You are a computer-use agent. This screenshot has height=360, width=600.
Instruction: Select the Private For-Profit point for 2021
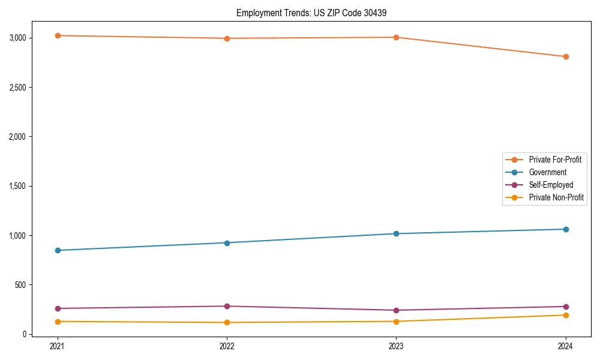tap(58, 35)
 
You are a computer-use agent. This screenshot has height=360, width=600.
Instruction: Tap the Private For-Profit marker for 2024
tap(566, 56)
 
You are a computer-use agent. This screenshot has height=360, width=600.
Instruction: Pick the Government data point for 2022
tap(227, 243)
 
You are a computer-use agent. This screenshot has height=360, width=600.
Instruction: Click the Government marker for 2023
tap(397, 233)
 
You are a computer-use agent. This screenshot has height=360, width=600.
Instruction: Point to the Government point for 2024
tap(566, 229)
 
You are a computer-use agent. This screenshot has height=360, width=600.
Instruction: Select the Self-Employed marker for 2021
tap(58, 308)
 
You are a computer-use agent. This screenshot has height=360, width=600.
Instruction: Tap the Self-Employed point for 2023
tap(397, 310)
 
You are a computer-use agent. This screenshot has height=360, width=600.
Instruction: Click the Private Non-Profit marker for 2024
tap(566, 315)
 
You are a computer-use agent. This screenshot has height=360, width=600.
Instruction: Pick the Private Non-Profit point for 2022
tap(227, 322)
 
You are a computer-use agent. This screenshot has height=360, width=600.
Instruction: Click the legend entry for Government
tap(547, 172)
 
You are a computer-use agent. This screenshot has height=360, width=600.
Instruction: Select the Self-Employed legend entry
tap(551, 185)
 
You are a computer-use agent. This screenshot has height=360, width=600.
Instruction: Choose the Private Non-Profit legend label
tap(556, 197)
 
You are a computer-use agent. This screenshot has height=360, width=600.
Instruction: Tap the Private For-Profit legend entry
tap(555, 160)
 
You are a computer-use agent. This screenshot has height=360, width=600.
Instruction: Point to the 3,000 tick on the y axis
tap(17, 38)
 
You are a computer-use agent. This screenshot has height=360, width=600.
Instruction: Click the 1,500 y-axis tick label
tap(17, 186)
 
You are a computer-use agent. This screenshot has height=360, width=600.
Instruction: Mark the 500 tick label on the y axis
tap(20, 285)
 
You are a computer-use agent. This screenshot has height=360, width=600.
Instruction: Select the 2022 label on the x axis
tap(227, 346)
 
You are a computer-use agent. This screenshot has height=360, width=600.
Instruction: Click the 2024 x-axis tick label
tap(566, 346)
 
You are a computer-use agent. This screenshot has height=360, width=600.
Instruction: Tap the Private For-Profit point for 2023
tap(397, 37)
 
